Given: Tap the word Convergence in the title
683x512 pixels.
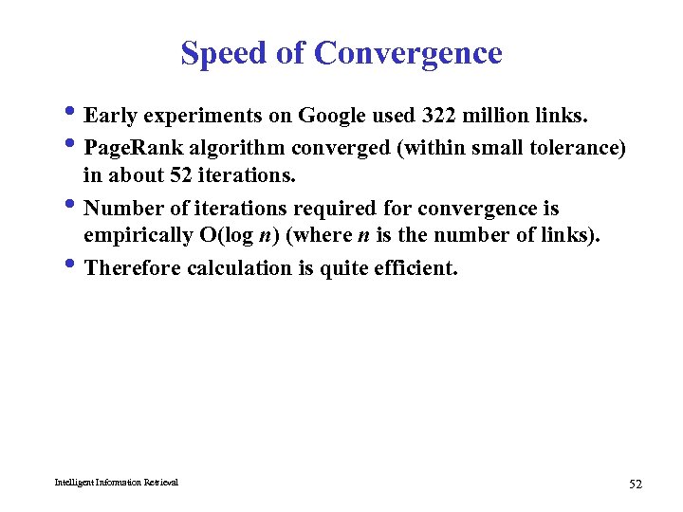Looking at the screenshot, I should pos(408,53).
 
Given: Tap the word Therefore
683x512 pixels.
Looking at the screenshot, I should pos(133,267).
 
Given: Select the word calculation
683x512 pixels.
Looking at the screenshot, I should pos(238,267).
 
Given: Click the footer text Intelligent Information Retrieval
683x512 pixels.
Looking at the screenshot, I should pos(116,483).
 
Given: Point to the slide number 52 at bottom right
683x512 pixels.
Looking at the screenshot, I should pos(636,485).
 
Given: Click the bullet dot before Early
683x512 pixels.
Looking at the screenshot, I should pos(75,116).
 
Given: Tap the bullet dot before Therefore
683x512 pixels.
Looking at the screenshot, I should pos(75,267).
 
